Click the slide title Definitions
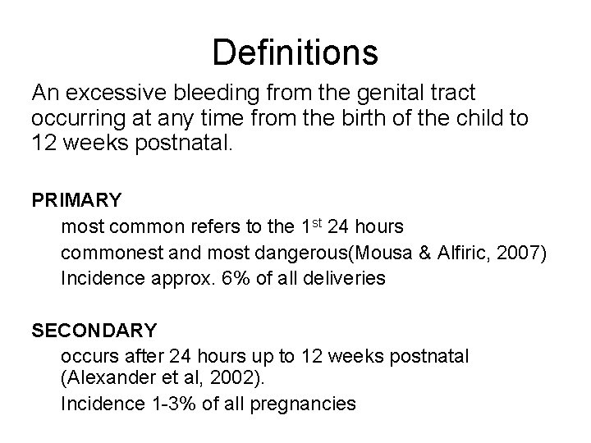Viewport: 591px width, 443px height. pos(295,53)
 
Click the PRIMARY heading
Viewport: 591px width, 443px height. pos(76,200)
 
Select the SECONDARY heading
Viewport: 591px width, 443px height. pos(94,331)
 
